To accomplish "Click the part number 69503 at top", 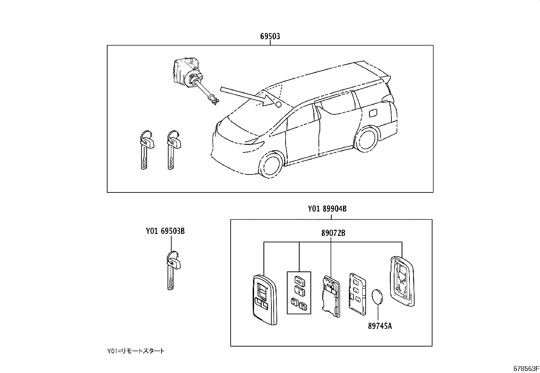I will (270, 36).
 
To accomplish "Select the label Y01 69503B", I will (165, 231).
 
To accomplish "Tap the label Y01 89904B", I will (327, 209).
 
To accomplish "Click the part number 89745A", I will (380, 326).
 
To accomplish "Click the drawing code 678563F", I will (525, 369).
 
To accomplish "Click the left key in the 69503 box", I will (146, 149).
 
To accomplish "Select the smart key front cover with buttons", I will (264, 299).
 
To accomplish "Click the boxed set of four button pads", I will (299, 292).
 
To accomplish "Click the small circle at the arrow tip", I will (278, 105).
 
